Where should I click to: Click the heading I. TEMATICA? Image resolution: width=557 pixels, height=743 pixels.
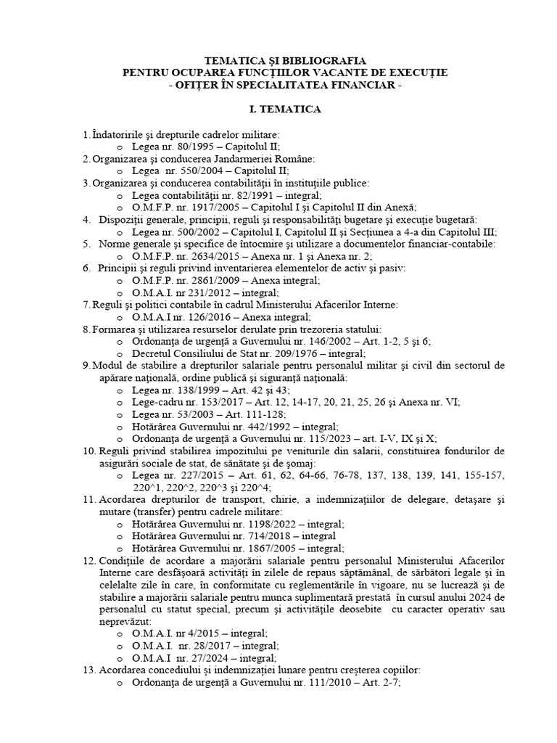click(x=278, y=110)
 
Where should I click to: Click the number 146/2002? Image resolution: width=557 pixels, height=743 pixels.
click(x=325, y=341)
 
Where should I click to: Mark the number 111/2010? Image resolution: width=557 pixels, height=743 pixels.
click(x=325, y=682)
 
